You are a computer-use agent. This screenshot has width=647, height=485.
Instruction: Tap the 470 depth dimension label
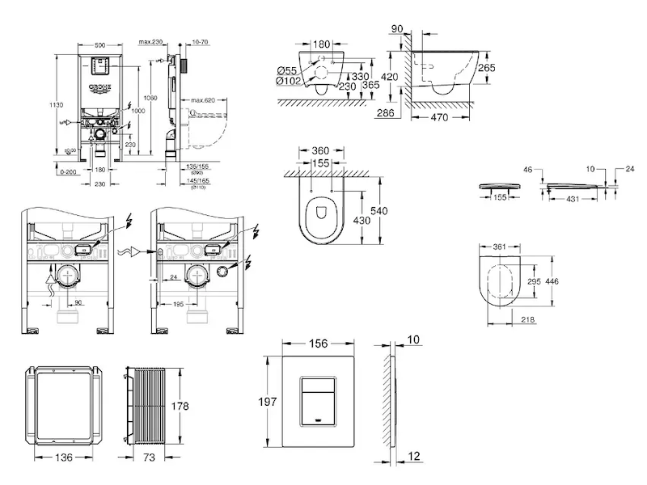tap(439, 116)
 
